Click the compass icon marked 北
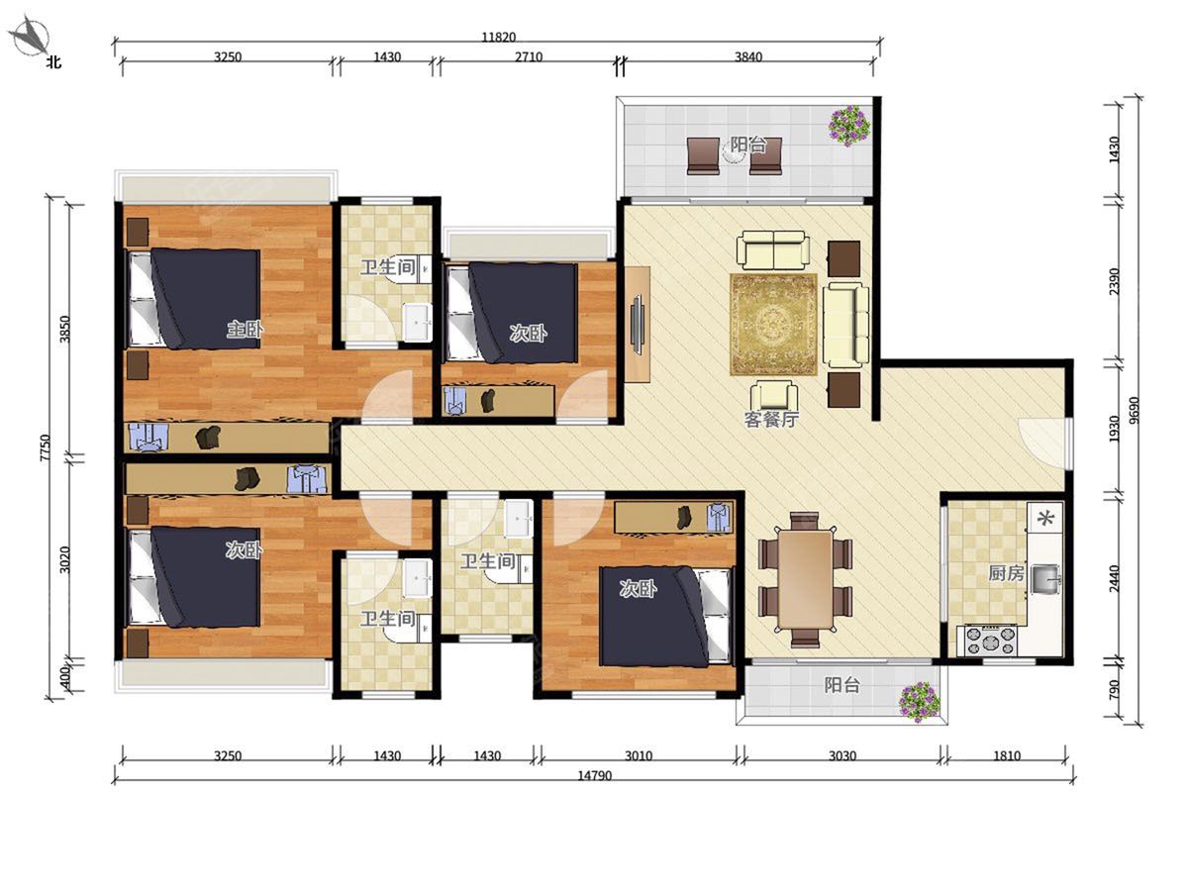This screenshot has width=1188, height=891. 31,39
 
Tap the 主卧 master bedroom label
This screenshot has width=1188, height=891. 245,329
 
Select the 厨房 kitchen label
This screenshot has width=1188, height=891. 1006,573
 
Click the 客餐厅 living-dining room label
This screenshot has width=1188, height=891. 771,419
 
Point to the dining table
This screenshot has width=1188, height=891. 805,579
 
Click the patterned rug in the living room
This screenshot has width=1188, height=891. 773,325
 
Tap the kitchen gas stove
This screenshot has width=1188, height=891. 987,641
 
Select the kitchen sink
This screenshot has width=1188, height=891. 1045,579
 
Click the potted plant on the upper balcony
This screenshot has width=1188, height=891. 848,126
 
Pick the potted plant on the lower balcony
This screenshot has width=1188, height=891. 919,702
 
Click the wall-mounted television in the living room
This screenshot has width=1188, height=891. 637,325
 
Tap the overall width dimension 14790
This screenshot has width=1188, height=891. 594,775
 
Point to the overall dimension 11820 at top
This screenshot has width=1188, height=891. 499,38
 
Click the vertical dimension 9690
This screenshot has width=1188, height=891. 1134,411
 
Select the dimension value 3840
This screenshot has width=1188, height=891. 748,56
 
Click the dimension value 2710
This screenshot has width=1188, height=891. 529,56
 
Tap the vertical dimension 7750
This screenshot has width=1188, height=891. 46,447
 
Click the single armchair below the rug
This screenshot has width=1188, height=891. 773,397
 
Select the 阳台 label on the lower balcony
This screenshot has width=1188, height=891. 841,685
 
